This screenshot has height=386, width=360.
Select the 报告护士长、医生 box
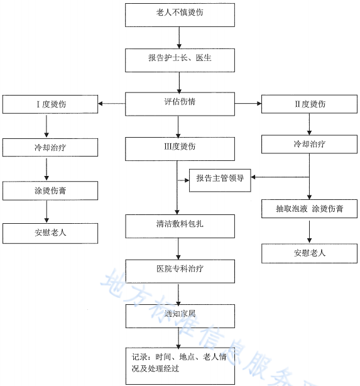click(179, 60)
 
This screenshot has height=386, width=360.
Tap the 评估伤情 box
click(179, 103)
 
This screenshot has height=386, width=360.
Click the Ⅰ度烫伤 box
click(50, 103)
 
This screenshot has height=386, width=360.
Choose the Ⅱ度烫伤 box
click(309, 103)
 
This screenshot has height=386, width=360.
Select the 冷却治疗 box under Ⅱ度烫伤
click(309, 144)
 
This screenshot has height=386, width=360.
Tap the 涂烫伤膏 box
click(50, 190)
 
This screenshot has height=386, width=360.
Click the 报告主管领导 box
click(220, 179)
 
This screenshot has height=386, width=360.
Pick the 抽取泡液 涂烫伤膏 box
click(309, 208)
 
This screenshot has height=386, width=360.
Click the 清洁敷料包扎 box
click(179, 224)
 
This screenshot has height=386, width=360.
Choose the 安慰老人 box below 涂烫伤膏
click(50, 233)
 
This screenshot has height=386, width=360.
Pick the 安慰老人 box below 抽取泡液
click(309, 253)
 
